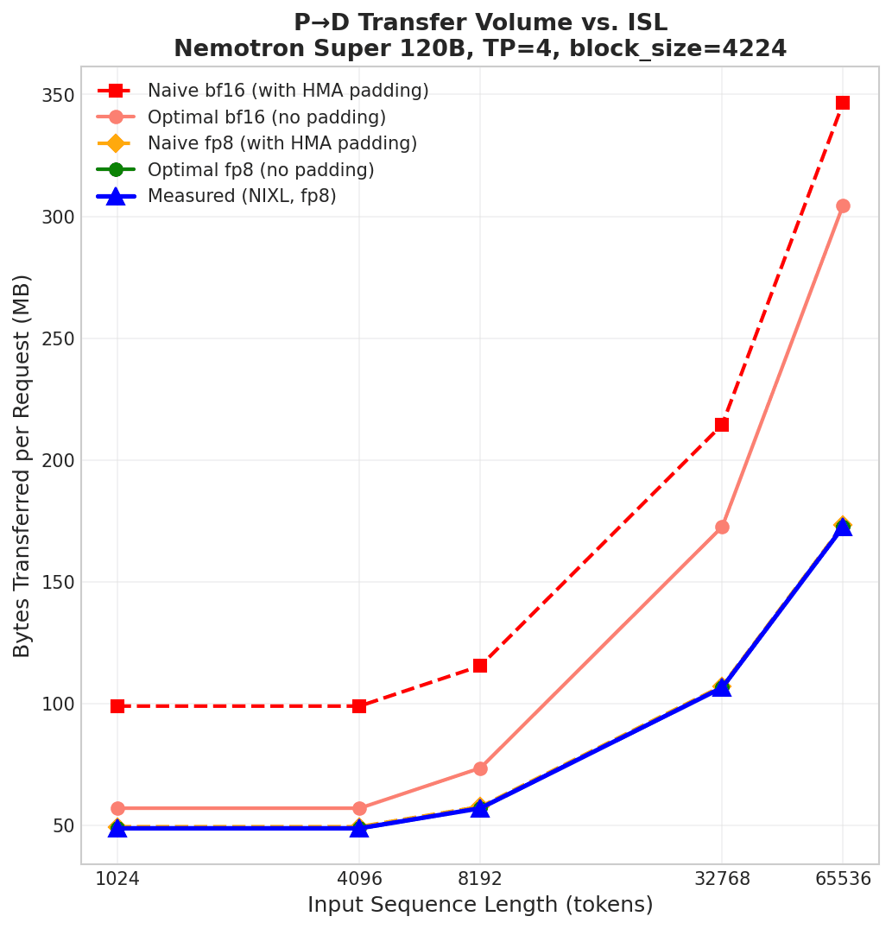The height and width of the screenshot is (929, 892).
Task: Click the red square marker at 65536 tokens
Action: (843, 103)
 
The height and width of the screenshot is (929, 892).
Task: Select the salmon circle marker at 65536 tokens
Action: (843, 205)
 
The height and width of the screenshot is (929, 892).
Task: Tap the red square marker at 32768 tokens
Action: (722, 425)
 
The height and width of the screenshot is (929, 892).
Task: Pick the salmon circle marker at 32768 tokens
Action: (722, 527)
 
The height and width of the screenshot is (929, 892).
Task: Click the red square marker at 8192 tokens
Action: (480, 666)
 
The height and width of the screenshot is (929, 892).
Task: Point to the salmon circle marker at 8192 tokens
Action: (480, 768)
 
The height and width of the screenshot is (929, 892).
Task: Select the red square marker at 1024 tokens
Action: (117, 706)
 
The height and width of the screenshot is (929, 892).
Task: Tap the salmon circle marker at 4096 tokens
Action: (359, 809)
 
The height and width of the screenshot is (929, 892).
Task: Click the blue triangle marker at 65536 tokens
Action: (843, 527)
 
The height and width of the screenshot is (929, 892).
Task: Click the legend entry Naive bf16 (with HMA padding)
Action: (288, 92)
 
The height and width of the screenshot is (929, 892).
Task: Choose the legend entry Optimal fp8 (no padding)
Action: (261, 170)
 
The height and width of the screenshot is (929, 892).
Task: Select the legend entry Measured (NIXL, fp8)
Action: (242, 197)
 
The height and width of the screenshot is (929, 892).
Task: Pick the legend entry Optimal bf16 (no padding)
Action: (266, 117)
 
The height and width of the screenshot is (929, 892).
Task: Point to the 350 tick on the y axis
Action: (57, 95)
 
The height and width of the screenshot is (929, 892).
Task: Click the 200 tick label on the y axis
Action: (57, 461)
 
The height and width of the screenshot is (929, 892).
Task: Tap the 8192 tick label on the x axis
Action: (480, 879)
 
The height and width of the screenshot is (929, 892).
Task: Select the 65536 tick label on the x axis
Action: (843, 879)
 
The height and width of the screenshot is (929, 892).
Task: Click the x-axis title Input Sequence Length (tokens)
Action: (480, 906)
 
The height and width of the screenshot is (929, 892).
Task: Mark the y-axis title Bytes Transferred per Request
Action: (22, 465)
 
